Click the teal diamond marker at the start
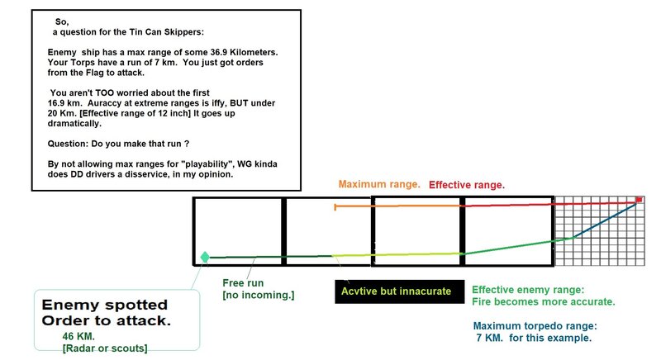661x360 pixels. [x=205, y=257]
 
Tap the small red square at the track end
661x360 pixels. [x=639, y=200]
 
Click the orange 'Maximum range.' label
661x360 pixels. [x=378, y=183]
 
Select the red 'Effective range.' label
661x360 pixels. [x=467, y=185]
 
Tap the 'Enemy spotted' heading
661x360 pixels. [x=105, y=305]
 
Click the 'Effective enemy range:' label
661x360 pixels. [x=526, y=290]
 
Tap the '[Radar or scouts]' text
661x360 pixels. [x=104, y=348]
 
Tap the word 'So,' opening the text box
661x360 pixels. [x=63, y=21]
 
